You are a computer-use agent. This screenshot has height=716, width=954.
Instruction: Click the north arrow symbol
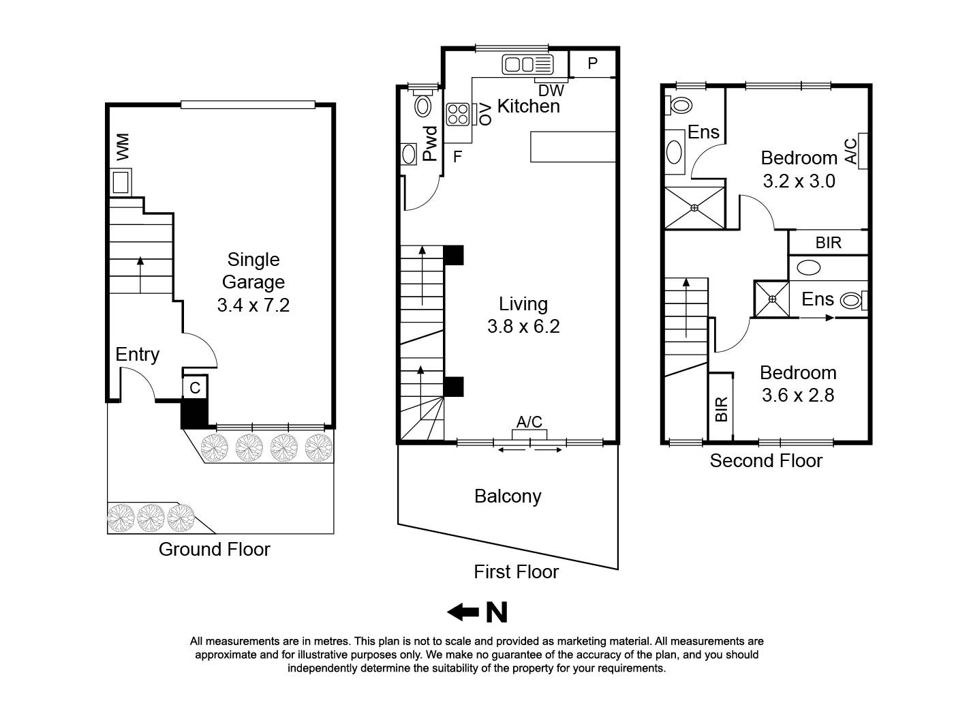(477, 612)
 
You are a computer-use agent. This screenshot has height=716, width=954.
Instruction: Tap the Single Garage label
(253, 271)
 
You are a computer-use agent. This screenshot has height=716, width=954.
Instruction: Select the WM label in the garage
(123, 147)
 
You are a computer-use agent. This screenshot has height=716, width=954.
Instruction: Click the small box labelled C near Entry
(195, 388)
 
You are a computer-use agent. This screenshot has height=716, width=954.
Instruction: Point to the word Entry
(137, 355)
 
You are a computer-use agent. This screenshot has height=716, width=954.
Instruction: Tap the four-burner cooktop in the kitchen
(457, 114)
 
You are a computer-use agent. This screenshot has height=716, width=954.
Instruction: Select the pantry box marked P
(592, 63)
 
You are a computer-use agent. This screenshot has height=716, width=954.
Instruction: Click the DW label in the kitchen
(551, 90)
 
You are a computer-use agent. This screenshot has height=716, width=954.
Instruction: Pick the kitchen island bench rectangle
(573, 147)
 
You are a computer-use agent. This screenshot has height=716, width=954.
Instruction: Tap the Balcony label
(508, 496)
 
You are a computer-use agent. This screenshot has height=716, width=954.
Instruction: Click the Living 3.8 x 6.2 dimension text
(523, 327)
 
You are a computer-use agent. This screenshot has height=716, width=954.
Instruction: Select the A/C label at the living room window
(529, 422)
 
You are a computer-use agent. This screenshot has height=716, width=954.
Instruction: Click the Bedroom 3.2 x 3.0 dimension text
(799, 181)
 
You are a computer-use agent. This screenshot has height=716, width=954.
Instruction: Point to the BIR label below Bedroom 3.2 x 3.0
(828, 243)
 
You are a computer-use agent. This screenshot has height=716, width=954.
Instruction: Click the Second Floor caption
(766, 461)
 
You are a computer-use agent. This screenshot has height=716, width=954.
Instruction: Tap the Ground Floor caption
(214, 549)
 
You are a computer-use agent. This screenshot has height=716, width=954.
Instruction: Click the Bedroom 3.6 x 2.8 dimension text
(797, 396)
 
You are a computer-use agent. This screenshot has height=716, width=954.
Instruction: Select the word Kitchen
(529, 106)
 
